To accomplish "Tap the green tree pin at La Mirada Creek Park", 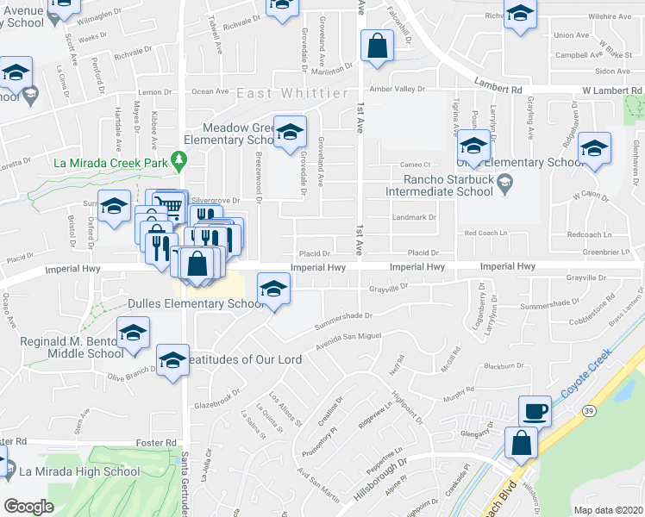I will [179, 159].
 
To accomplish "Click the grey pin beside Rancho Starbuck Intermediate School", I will [506, 182].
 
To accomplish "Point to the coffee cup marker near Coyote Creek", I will [535, 410].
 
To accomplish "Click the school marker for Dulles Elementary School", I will [274, 290].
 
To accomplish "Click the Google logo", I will [28, 506].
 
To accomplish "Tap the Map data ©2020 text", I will [609, 510].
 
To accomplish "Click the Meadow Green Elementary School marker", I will [291, 131].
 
